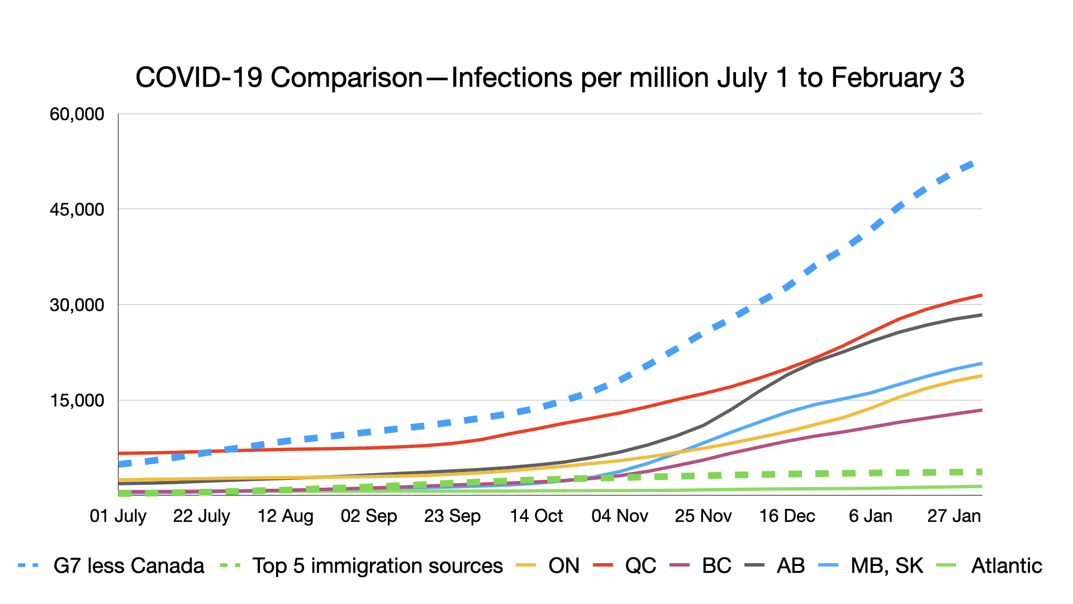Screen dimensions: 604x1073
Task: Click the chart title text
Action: pos(549,78)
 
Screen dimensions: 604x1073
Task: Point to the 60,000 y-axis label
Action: pos(77,114)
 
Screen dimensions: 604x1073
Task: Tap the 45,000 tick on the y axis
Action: pos(77,210)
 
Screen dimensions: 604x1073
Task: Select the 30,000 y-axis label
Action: pos(77,305)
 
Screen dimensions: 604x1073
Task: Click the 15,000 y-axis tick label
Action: pos(77,400)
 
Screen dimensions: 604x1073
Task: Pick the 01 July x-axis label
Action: pos(118,516)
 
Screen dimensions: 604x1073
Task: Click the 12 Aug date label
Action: pos(285,516)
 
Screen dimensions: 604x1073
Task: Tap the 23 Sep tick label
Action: pos(452,516)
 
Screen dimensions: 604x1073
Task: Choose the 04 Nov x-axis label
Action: pos(620,516)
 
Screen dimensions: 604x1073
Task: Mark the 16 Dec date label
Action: pos(787,516)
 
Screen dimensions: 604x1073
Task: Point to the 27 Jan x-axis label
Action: pos(954,516)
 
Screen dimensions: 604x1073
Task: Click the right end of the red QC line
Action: pos(981,295)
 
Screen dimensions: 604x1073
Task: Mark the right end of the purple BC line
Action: pos(981,410)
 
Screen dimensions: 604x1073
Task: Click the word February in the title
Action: pos(886,78)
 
